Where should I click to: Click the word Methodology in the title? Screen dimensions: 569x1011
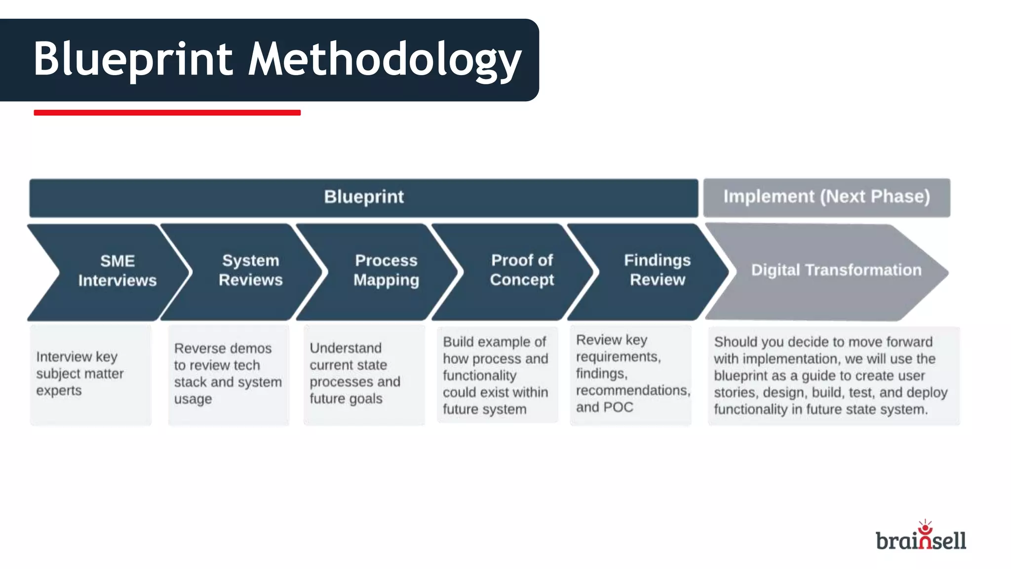pyautogui.click(x=385, y=59)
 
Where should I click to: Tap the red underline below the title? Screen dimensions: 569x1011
pyautogui.click(x=167, y=113)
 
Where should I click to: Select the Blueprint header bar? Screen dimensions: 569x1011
pyautogui.click(x=363, y=197)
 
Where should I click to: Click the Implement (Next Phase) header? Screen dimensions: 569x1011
pyautogui.click(x=826, y=197)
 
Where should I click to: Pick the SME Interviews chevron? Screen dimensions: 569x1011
pyautogui.click(x=117, y=271)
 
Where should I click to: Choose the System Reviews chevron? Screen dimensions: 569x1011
pyautogui.click(x=250, y=270)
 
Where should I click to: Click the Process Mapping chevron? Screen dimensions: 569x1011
pyautogui.click(x=386, y=270)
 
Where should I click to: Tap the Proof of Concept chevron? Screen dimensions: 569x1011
pyautogui.click(x=522, y=270)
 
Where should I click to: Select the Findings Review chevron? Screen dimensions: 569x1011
pyautogui.click(x=657, y=270)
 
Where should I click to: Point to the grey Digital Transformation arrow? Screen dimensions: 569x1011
pyautogui.click(x=836, y=271)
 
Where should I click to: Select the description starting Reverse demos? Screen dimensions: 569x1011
pyautogui.click(x=228, y=373)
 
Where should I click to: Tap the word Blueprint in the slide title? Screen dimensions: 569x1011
pyautogui.click(x=133, y=59)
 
